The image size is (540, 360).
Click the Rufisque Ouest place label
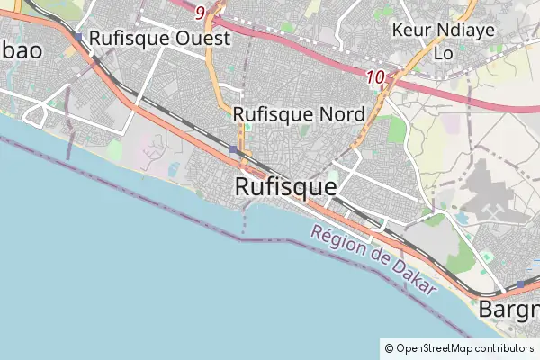coord(159,39)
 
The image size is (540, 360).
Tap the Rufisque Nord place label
coord(299,114)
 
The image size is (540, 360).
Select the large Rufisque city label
coord(285,186)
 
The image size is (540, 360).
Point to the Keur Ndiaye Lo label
coord(430,40)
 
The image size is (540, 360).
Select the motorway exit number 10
coord(377,78)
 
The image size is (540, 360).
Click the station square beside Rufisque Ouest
coord(79,38)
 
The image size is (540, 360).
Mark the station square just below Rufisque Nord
coord(234,149)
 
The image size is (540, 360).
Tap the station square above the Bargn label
coord(519,284)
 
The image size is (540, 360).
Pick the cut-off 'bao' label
coord(20,50)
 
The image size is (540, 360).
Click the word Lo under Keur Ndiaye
coord(444,52)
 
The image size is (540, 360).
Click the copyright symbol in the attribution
coord(389,347)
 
